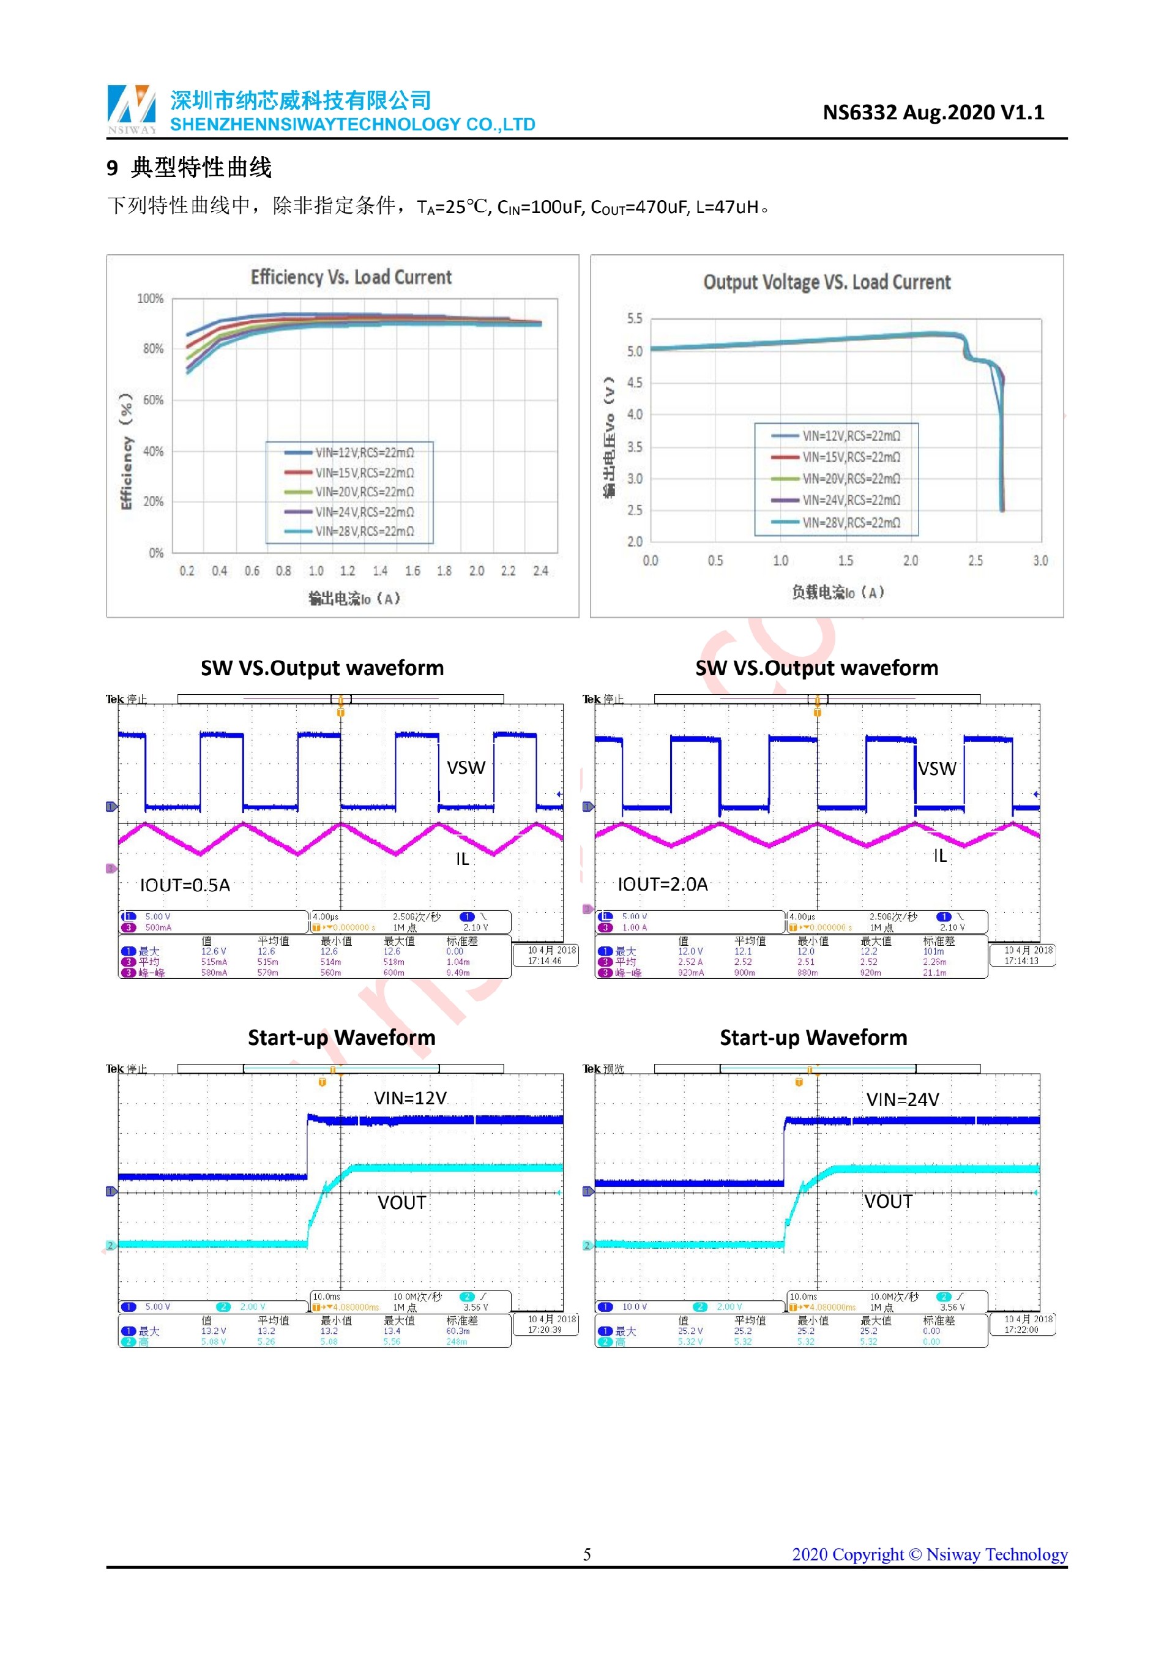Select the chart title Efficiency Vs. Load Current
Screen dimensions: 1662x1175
click(351, 277)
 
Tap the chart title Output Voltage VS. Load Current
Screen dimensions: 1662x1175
click(826, 282)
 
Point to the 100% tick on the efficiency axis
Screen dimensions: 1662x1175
click(151, 299)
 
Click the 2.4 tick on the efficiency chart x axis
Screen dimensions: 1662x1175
click(540, 571)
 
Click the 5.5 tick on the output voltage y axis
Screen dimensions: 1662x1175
click(635, 318)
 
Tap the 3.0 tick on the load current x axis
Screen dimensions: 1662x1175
click(1040, 561)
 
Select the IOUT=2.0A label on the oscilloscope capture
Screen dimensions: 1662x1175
click(662, 885)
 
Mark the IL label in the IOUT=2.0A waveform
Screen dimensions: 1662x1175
click(939, 856)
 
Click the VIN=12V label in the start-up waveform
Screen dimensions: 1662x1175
click(410, 1099)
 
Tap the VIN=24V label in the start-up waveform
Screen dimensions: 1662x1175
click(902, 1100)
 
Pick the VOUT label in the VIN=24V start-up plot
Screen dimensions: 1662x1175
click(888, 1202)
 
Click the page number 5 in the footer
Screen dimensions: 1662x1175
click(587, 1554)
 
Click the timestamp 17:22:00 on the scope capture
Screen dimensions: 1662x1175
click(1021, 1330)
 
